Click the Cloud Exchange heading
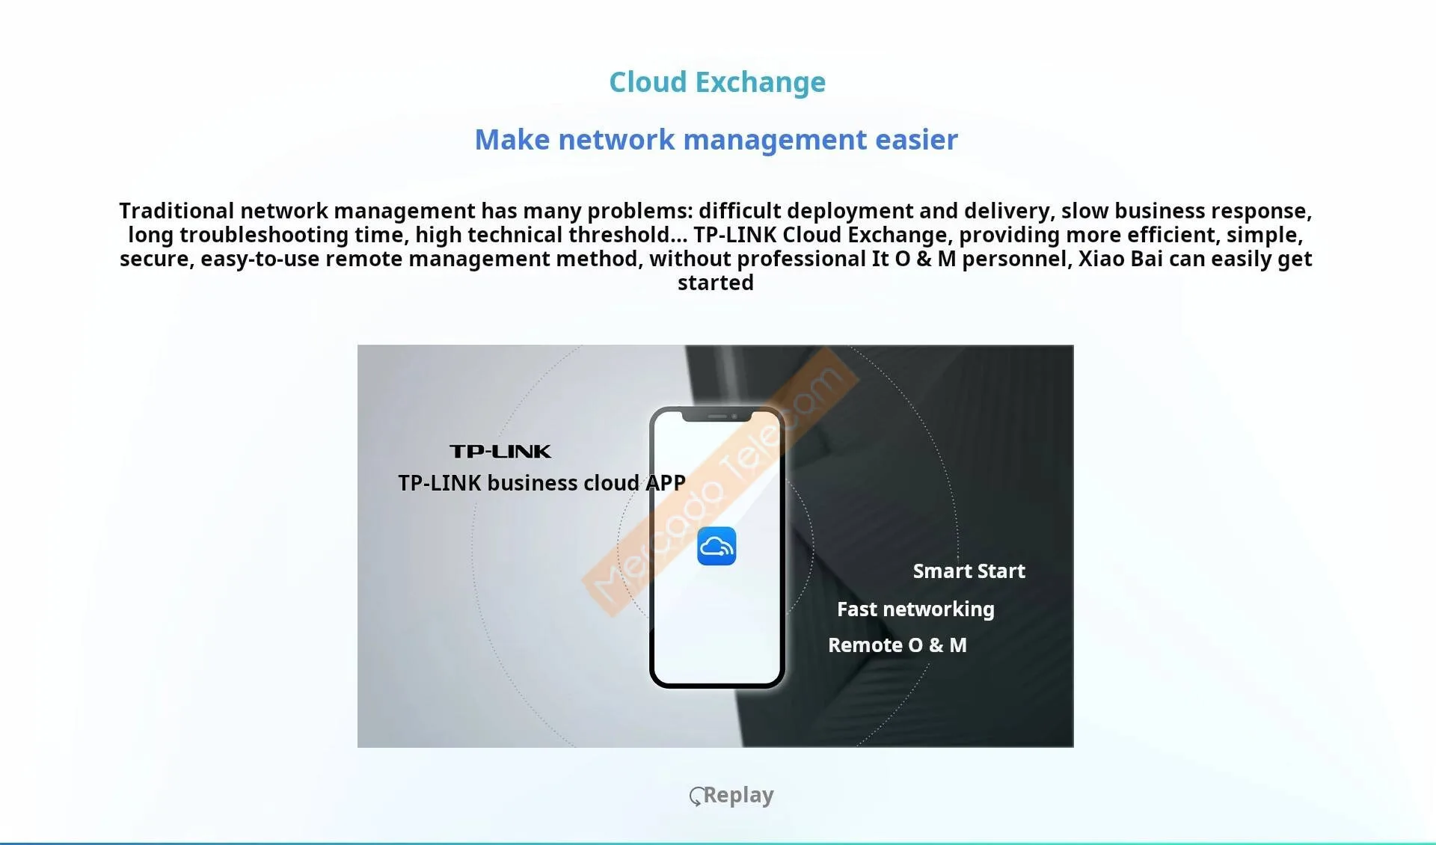click(717, 82)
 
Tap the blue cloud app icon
click(717, 547)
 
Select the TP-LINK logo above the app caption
click(500, 452)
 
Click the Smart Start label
click(969, 571)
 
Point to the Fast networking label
click(915, 609)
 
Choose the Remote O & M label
click(897, 645)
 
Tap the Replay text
click(738, 795)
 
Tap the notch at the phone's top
click(717, 416)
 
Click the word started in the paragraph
click(716, 283)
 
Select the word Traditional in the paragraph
click(177, 212)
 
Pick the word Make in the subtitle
click(512, 140)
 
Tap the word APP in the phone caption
click(666, 483)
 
